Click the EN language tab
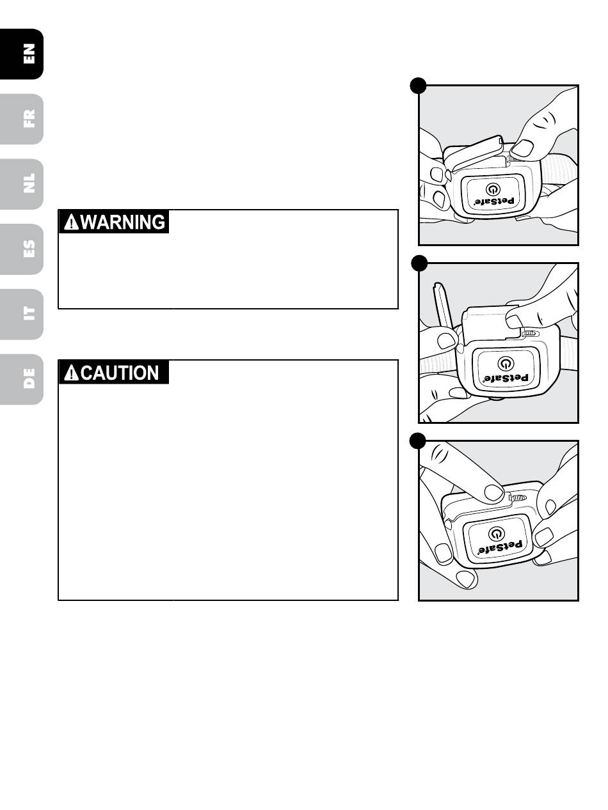point(29,54)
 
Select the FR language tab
point(29,118)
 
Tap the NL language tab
point(29,183)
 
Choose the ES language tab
point(29,249)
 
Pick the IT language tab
point(29,314)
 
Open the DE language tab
point(29,379)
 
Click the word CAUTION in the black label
point(120,373)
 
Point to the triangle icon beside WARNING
point(72,222)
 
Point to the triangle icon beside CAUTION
point(72,373)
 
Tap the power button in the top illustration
point(492,190)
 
